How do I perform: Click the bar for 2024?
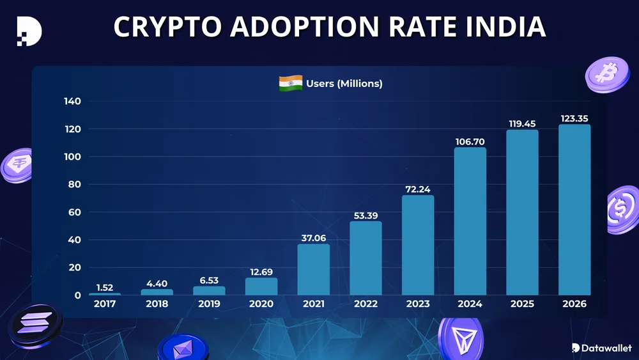pos(470,221)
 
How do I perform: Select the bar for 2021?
pos(314,269)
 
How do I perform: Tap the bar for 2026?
pos(574,210)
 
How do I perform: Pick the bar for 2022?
pos(366,258)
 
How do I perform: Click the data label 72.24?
pos(418,189)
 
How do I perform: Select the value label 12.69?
pos(261,272)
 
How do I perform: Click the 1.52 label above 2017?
pos(105,288)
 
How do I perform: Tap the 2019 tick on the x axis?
pos(209,304)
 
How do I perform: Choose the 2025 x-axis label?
pos(522,304)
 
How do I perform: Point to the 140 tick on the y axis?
pos(72,102)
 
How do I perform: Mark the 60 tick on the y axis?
pos(74,212)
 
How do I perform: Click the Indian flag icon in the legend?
pos(291,83)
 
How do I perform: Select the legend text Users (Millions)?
pos(344,83)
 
